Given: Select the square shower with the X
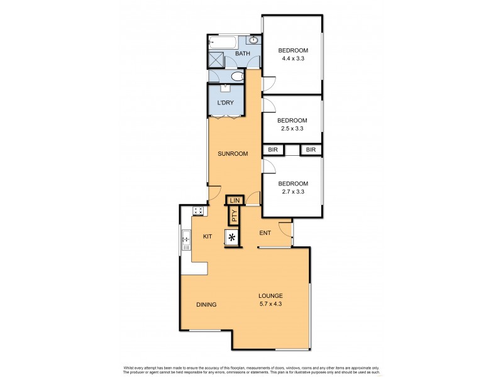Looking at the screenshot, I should tap(216, 60).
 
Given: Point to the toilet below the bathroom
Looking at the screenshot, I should tap(237, 77).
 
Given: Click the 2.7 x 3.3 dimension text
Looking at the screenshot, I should tap(292, 192).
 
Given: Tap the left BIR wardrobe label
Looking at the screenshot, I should tap(273, 150).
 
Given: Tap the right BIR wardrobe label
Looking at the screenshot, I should tap(311, 150).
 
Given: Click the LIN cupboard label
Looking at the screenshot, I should tap(235, 200).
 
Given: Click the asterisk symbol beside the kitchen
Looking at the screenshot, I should tap(233, 238).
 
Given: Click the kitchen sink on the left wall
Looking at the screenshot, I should tap(187, 240).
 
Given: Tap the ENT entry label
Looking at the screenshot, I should tap(265, 233).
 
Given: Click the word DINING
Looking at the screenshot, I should tap(206, 305).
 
